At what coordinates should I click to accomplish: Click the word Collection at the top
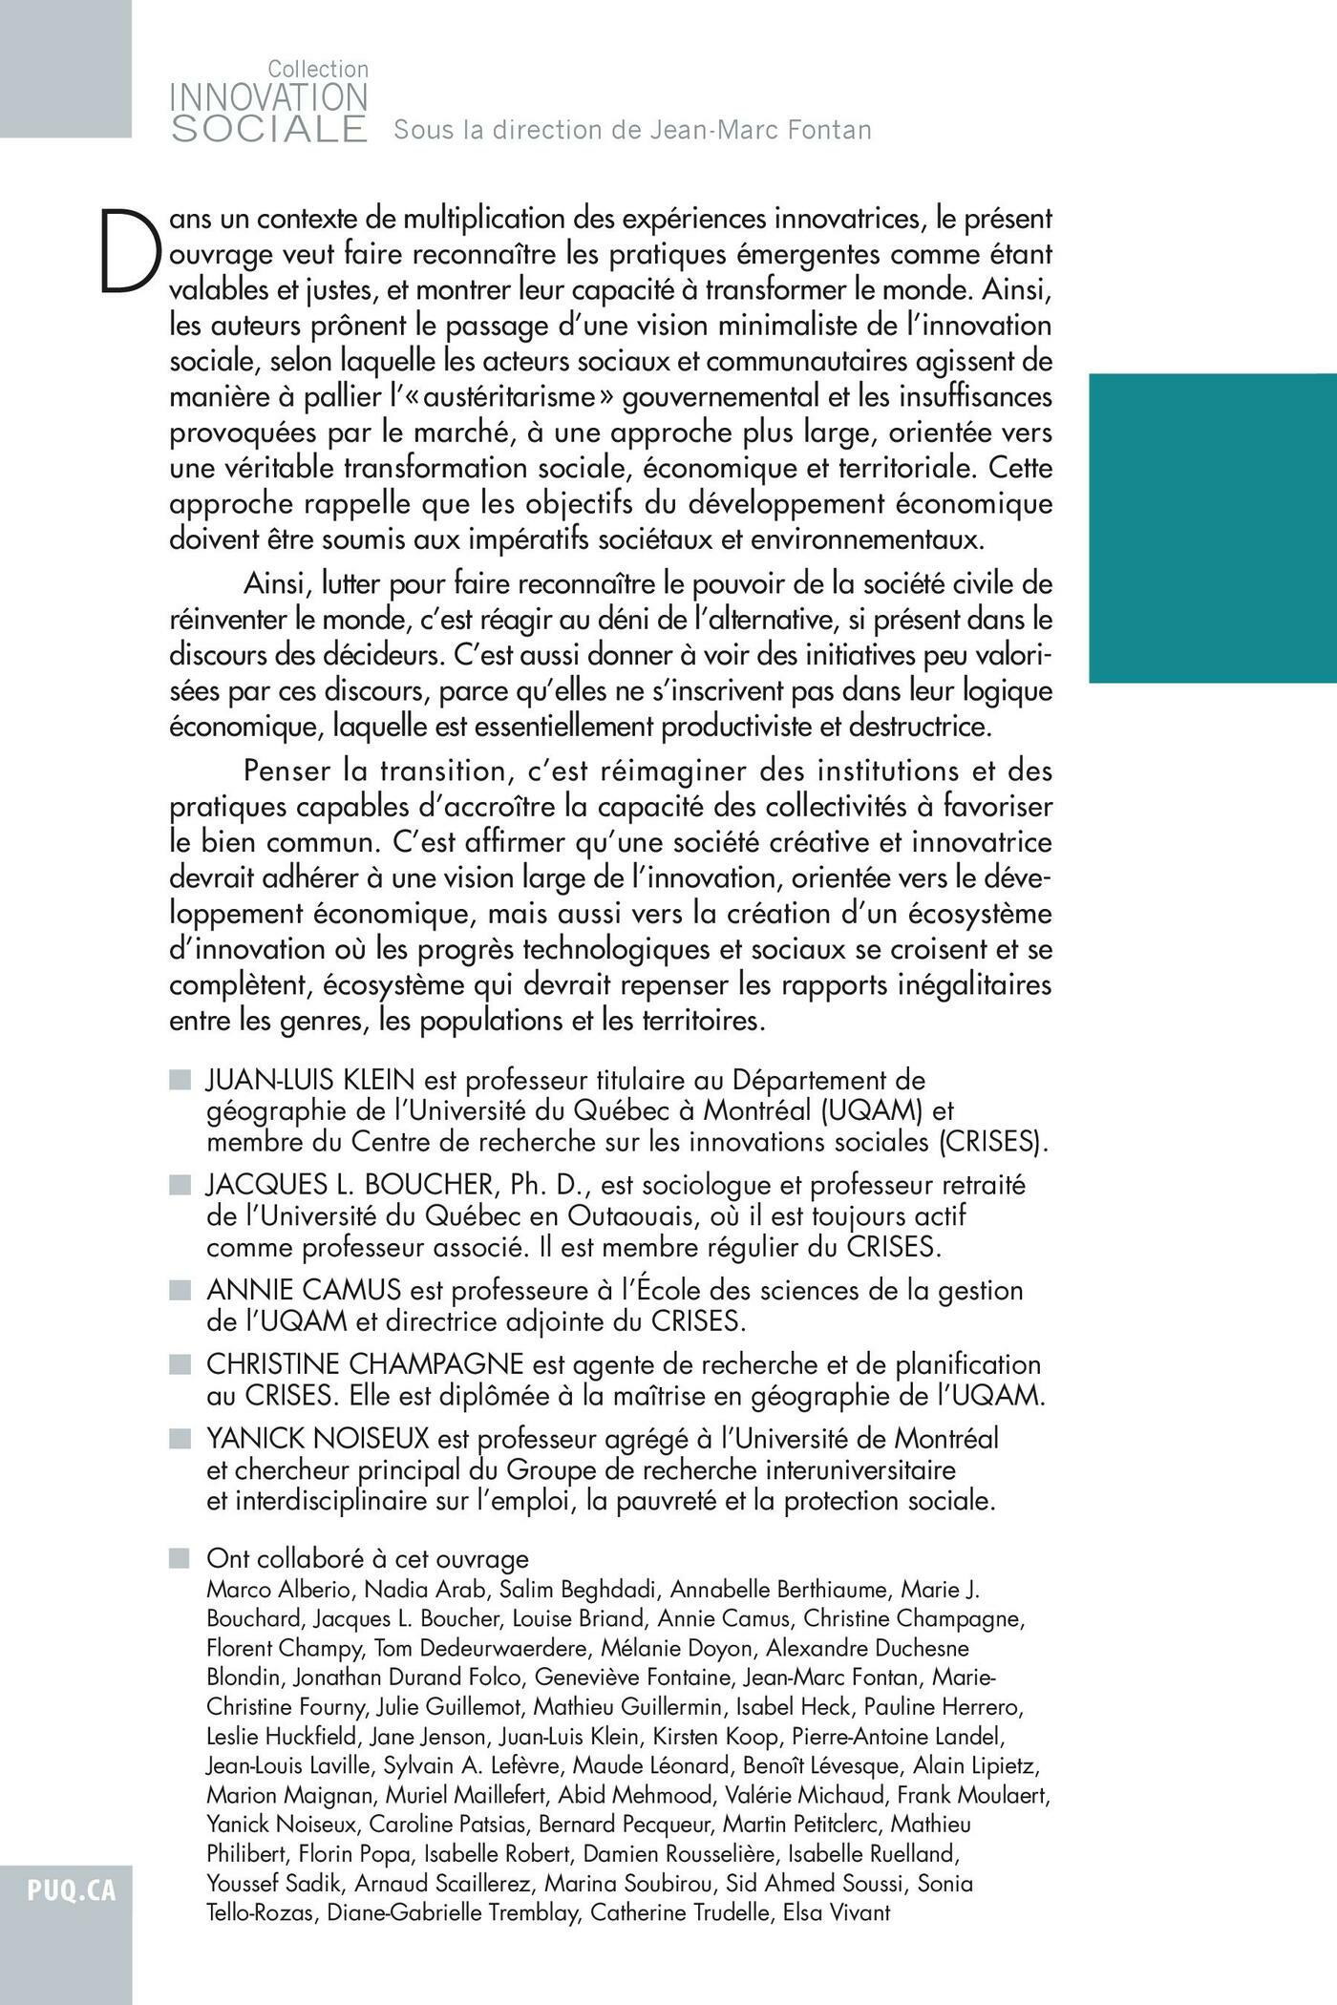317,70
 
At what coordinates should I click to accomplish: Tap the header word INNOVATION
268,98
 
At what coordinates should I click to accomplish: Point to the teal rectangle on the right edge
1213,528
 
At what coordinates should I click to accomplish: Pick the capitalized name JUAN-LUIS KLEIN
310,1080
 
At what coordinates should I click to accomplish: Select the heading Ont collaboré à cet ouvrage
367,1558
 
